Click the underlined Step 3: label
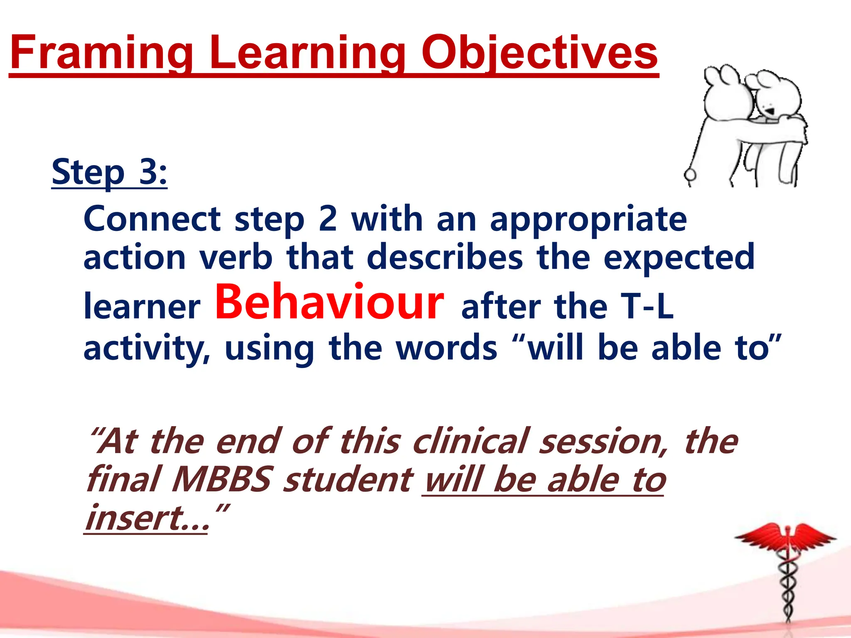(109, 172)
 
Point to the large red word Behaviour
(329, 302)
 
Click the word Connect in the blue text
(152, 219)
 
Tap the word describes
(445, 258)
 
